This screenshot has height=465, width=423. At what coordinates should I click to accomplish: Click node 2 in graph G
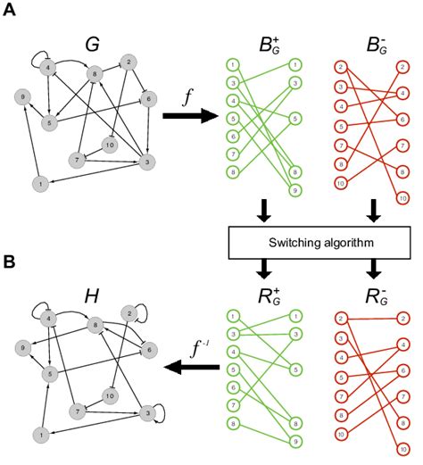129,62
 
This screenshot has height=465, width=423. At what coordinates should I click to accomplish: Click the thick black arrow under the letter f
185,114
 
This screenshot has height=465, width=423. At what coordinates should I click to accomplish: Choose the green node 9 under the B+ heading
294,189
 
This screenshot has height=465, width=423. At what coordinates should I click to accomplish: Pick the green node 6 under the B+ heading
231,135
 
